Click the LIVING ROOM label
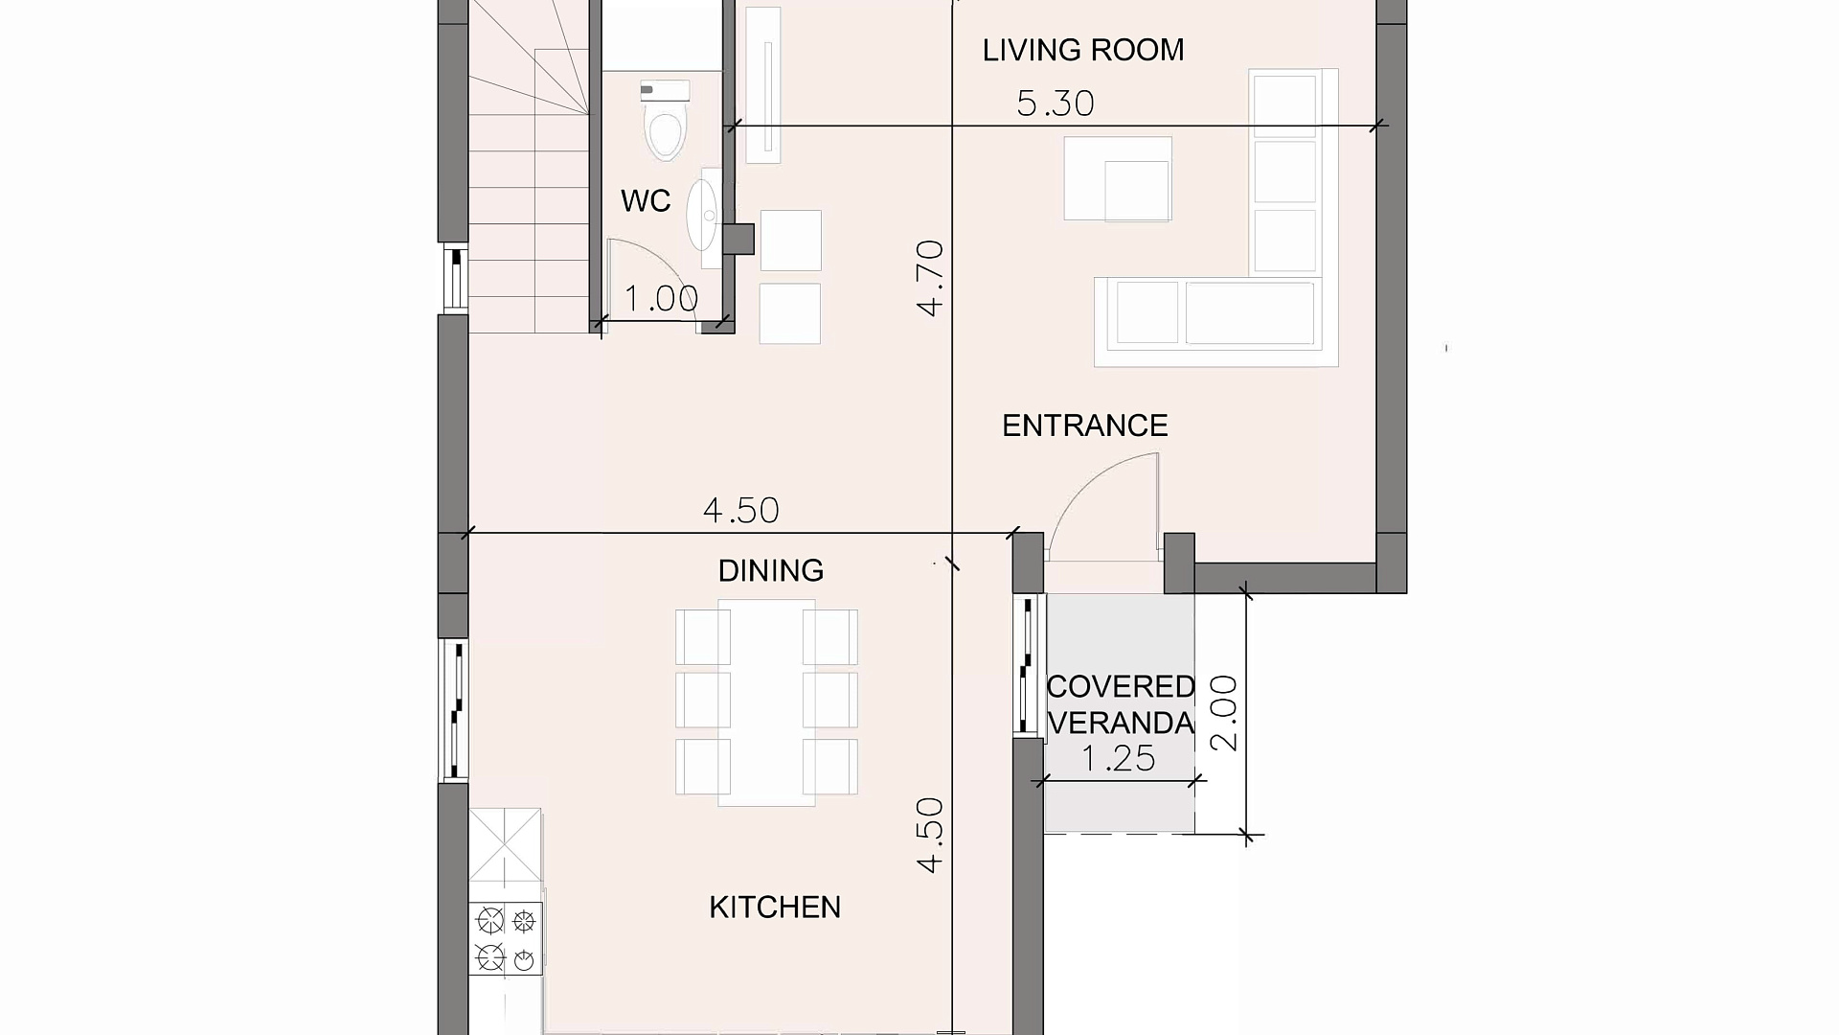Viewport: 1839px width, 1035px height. [1083, 50]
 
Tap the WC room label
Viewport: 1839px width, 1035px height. [646, 201]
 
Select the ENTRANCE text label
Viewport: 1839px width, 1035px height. [1085, 425]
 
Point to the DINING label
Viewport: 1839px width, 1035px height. [771, 571]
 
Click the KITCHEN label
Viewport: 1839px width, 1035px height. [775, 908]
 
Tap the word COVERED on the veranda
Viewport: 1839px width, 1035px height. [1121, 687]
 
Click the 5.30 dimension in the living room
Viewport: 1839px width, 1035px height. [1056, 103]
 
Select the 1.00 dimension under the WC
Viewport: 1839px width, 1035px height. [661, 299]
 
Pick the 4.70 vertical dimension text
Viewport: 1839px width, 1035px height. [930, 278]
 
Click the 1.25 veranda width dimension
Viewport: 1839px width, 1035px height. [1119, 759]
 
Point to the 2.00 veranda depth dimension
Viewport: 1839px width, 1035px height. [1224, 713]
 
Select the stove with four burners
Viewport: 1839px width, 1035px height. [506, 939]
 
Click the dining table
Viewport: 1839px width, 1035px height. [766, 702]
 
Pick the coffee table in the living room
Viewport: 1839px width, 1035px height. [1118, 179]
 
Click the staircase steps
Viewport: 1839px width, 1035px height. [528, 167]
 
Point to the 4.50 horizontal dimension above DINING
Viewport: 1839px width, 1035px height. [741, 511]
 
